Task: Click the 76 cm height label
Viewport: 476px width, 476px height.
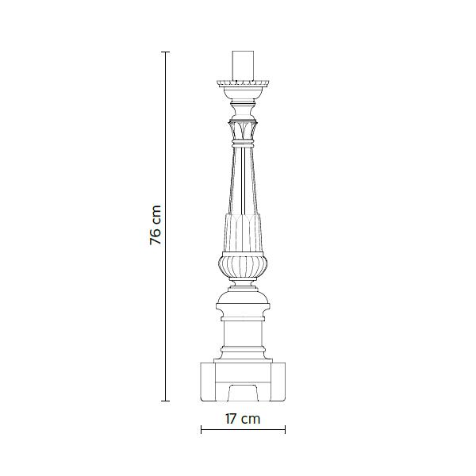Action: [155, 225]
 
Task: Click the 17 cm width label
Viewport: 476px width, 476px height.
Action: [243, 419]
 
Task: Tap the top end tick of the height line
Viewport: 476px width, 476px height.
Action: [166, 52]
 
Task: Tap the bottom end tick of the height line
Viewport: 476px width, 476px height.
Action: [166, 401]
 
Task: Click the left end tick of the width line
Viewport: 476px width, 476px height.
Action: [202, 429]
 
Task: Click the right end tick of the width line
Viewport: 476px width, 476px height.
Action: [285, 429]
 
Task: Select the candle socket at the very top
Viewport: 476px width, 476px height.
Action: [243, 66]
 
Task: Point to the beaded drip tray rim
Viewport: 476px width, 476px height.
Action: [243, 83]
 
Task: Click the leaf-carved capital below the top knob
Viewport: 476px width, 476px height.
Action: [243, 130]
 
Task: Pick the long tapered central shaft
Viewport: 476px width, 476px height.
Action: [243, 181]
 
